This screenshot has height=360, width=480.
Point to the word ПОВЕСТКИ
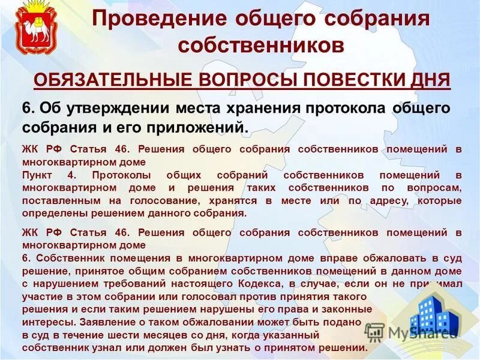[354, 80]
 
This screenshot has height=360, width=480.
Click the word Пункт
[37, 175]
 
